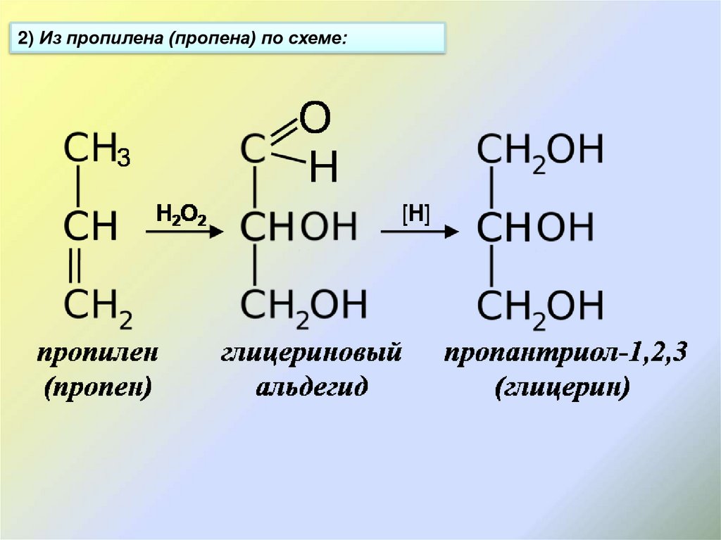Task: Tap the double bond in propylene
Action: [x=77, y=267]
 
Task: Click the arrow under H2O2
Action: [x=184, y=232]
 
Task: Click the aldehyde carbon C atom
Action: [x=253, y=149]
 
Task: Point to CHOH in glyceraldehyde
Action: [x=299, y=227]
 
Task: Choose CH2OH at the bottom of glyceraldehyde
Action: [x=303, y=306]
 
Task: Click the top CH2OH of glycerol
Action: [x=540, y=151]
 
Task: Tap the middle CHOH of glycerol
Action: [x=540, y=227]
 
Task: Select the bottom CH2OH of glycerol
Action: [x=540, y=306]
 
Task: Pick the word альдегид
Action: [x=311, y=387]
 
